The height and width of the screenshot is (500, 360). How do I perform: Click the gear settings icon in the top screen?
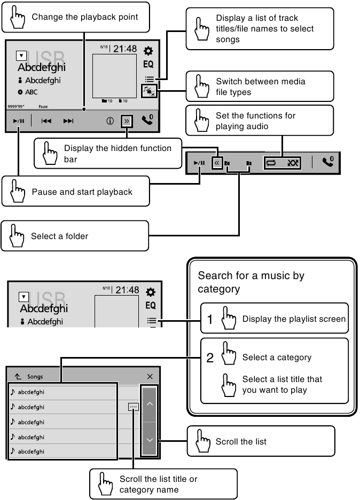[148, 51]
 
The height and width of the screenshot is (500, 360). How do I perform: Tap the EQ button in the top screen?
[148, 65]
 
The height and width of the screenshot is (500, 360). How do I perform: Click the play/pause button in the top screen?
[19, 121]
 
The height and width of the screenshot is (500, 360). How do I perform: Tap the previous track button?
[46, 121]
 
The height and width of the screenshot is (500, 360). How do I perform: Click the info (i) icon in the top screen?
[110, 121]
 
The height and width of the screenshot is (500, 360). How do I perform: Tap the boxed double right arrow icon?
[127, 121]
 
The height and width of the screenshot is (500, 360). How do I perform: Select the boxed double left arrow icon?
[217, 162]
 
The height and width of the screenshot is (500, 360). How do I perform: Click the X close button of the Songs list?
[150, 377]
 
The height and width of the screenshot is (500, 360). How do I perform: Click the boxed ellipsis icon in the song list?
[133, 407]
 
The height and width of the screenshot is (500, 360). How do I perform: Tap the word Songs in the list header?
[35, 377]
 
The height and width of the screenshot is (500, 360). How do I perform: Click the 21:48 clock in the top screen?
[124, 49]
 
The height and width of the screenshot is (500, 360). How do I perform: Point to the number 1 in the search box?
[210, 320]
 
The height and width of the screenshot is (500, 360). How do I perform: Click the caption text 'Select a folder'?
[59, 236]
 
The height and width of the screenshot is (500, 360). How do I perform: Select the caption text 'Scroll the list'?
[241, 442]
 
